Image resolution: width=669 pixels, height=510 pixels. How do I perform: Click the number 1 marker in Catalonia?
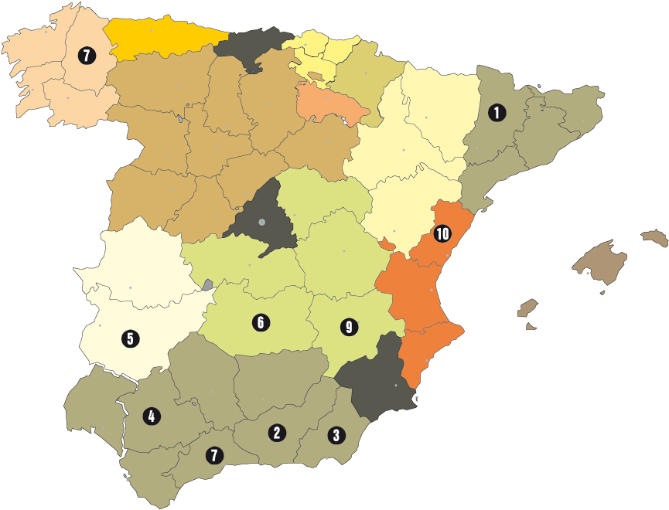497,113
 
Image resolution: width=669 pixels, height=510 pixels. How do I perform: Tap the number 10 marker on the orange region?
442,233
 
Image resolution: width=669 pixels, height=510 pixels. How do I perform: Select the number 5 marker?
130,338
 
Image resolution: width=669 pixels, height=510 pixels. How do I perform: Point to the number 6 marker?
261,321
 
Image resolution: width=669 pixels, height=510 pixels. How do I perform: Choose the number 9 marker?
349,328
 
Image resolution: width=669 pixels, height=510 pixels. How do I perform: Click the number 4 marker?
151,416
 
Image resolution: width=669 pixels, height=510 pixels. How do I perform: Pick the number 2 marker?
276,433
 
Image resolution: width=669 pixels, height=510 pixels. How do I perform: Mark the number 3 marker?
336,435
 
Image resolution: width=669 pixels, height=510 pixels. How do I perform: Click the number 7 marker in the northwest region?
85,56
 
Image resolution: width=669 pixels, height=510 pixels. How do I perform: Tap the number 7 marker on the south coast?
213,455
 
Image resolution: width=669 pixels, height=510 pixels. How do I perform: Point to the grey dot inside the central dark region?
262,223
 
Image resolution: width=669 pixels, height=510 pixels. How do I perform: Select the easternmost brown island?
654,236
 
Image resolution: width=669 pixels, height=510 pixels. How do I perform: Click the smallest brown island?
531,326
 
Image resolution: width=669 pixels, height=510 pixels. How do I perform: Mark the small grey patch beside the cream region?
207,284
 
